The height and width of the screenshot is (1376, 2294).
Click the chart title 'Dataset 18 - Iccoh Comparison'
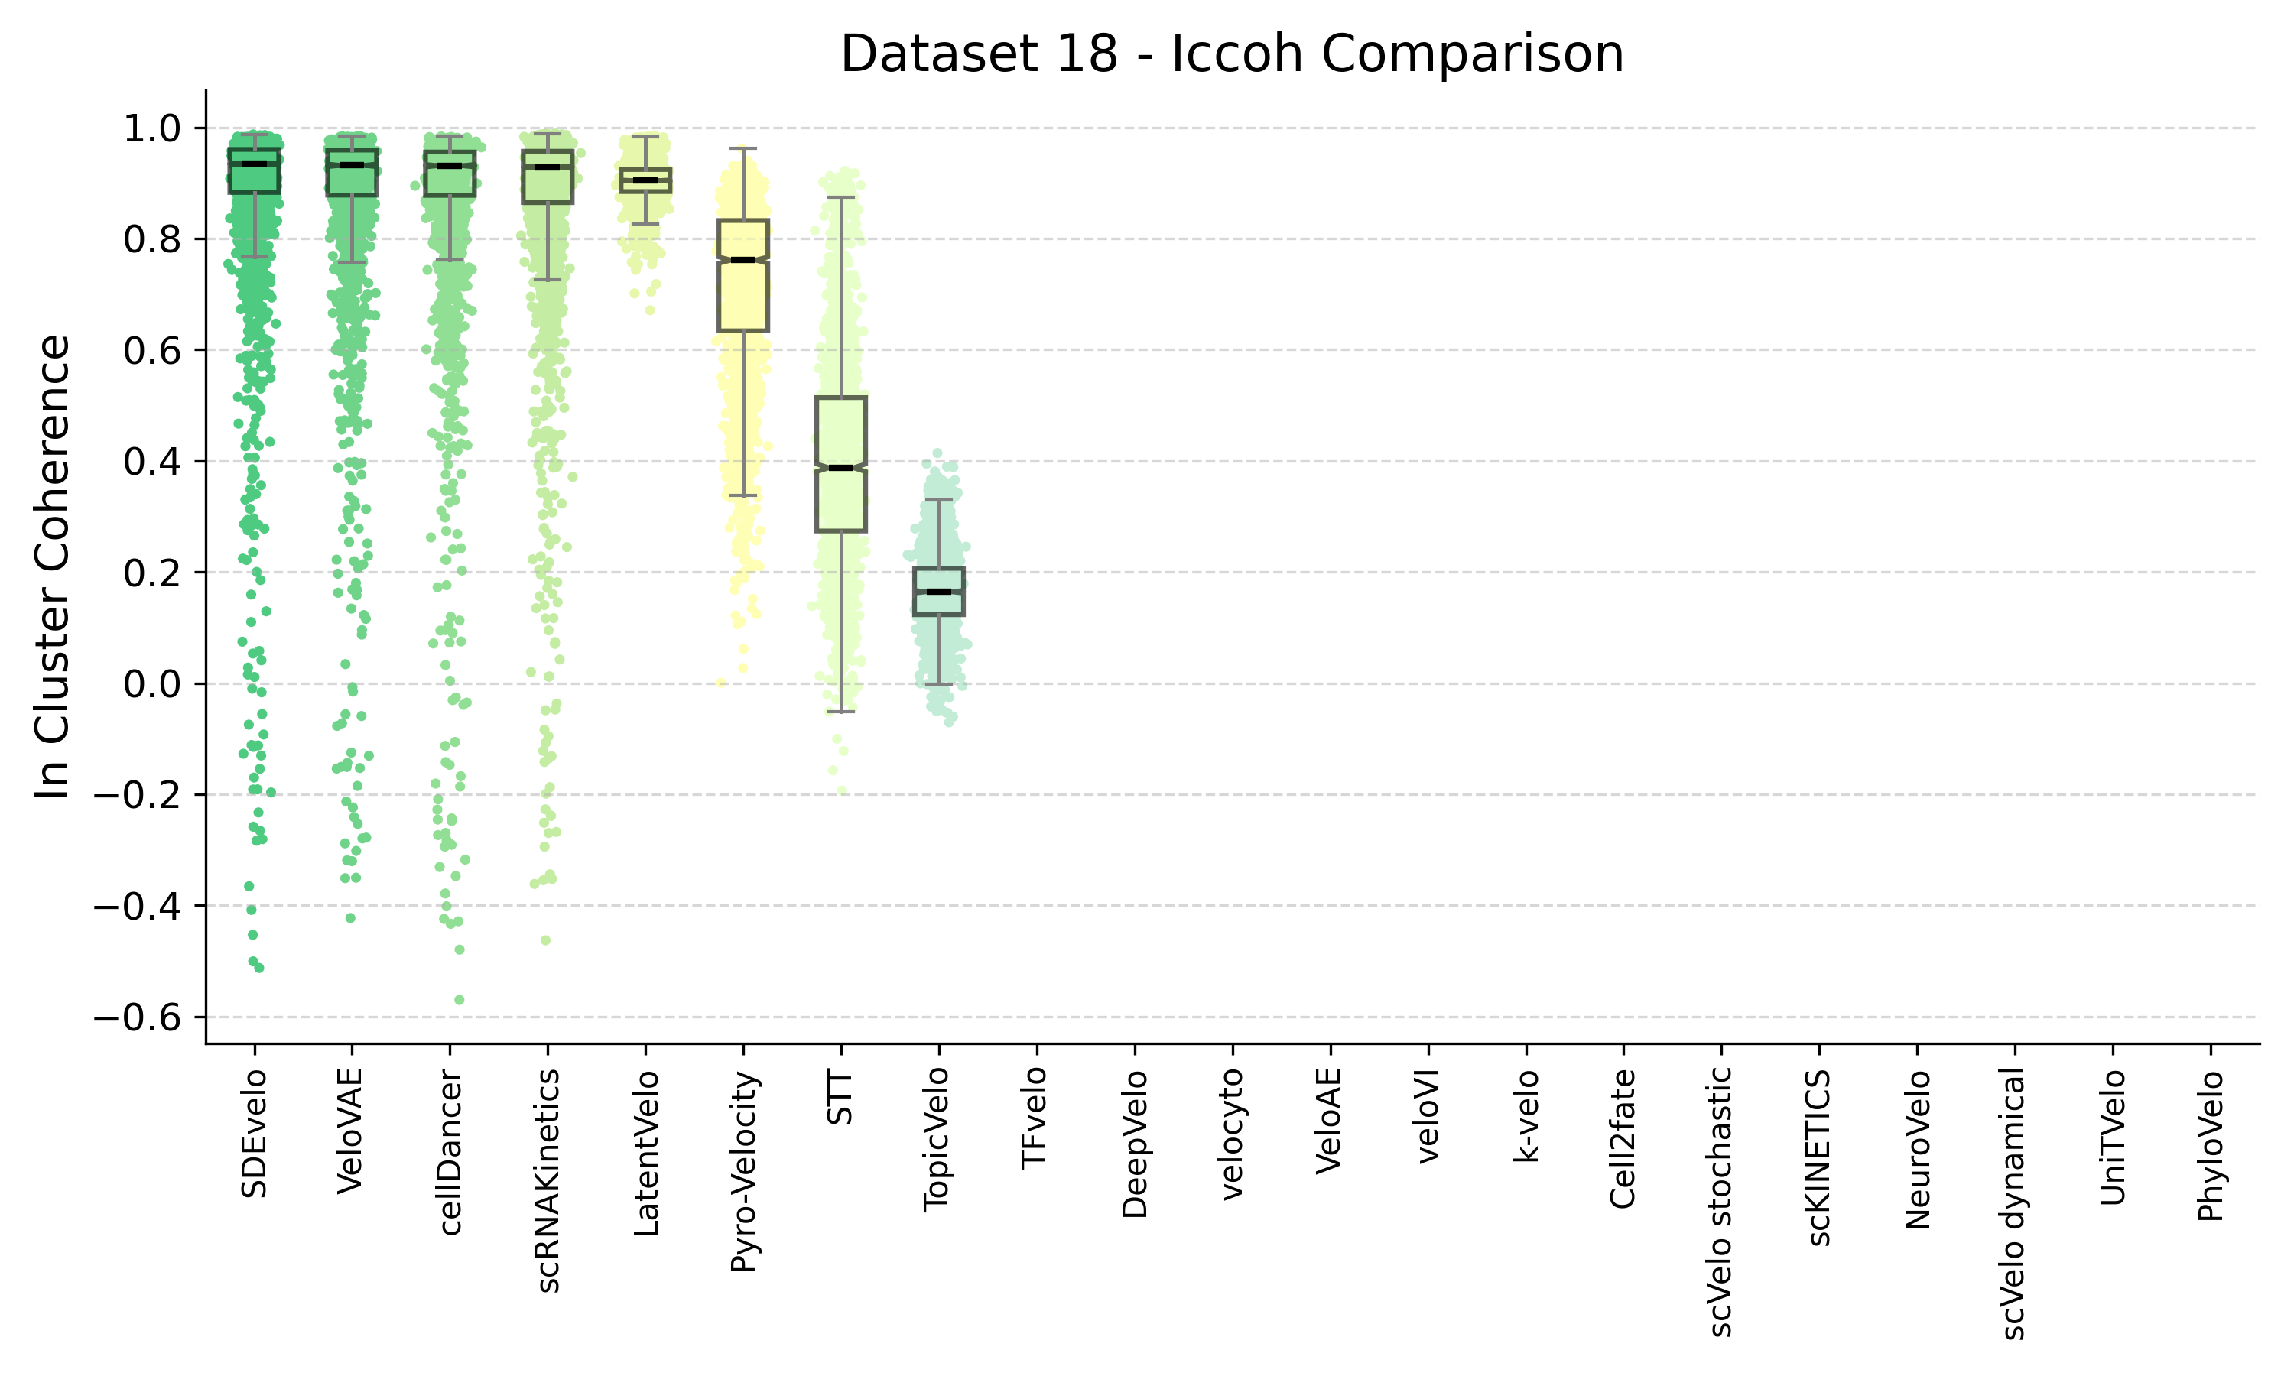[1231, 54]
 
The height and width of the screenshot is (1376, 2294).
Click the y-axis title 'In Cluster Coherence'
[54, 566]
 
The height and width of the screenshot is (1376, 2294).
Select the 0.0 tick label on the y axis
[152, 684]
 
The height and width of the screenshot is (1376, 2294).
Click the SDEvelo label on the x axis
[254, 1133]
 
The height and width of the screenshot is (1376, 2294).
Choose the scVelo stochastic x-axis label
[1720, 1202]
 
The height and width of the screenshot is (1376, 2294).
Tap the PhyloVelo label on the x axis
[2211, 1146]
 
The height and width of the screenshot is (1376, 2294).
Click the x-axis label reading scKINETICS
[1819, 1157]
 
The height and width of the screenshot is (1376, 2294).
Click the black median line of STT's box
[841, 467]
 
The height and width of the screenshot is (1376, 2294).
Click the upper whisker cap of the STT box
[841, 197]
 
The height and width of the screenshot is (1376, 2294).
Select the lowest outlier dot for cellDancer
[459, 1000]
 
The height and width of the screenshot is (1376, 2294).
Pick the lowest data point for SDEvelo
[258, 968]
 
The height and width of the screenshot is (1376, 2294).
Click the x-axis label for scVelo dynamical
[2014, 1203]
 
